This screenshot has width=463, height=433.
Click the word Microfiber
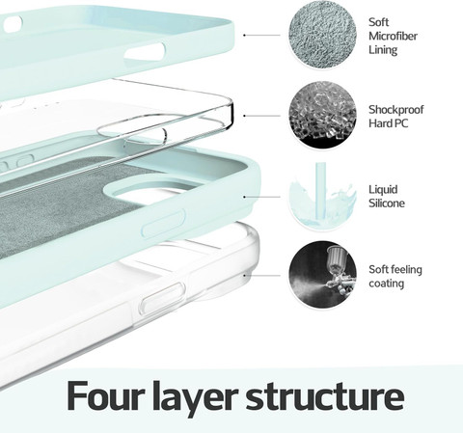tap(393, 36)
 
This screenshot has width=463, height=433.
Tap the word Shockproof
tap(395, 110)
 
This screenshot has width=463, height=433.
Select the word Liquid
tap(383, 189)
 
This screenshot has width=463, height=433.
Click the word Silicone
tap(387, 203)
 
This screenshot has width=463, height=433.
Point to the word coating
tap(386, 284)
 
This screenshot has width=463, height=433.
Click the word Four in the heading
tap(104, 395)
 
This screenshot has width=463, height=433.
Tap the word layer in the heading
tap(193, 398)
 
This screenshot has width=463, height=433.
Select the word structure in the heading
tap(325, 396)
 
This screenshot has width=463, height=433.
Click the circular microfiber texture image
tap(322, 35)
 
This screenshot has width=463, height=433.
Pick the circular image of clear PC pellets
tap(322, 115)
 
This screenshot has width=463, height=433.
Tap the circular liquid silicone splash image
tap(322, 195)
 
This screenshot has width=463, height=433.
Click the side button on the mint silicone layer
tap(163, 223)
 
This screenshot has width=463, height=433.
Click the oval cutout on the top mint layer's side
tap(145, 51)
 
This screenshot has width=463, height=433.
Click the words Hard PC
tap(388, 123)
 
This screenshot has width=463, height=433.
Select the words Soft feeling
tap(395, 269)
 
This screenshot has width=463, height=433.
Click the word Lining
tap(383, 50)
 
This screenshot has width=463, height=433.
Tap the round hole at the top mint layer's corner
tap(13, 25)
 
